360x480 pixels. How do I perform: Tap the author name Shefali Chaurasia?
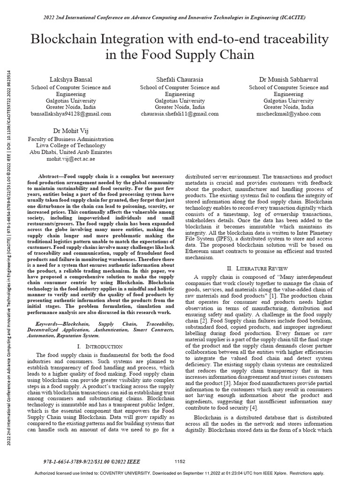click(x=180, y=79)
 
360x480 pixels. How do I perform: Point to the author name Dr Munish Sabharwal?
click(x=288, y=79)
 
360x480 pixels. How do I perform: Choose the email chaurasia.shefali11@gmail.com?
click(x=180, y=113)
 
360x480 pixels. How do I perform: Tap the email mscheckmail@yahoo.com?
click(x=288, y=113)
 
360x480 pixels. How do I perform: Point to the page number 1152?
click(x=180, y=462)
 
